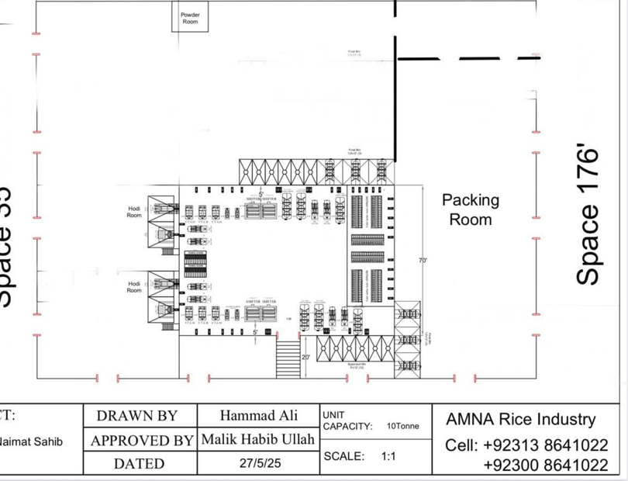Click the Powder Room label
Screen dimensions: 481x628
coord(190,18)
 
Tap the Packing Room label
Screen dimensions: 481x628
coord(471,209)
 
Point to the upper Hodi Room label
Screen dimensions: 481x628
coord(134,212)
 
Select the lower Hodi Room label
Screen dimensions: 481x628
coord(134,287)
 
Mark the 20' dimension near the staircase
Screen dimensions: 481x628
coord(307,358)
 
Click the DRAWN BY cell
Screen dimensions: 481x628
coord(137,416)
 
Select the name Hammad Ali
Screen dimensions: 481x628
coord(258,415)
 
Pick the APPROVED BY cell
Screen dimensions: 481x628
coord(141,441)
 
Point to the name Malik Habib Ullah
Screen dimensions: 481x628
coord(258,440)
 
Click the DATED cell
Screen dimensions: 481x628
coord(139,464)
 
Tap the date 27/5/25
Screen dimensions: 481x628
coord(257,463)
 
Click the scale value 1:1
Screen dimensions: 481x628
coord(388,456)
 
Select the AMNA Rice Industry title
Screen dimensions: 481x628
coord(520,420)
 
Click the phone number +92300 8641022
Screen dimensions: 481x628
coord(545,465)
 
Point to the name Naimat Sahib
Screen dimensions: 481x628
coord(31,441)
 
